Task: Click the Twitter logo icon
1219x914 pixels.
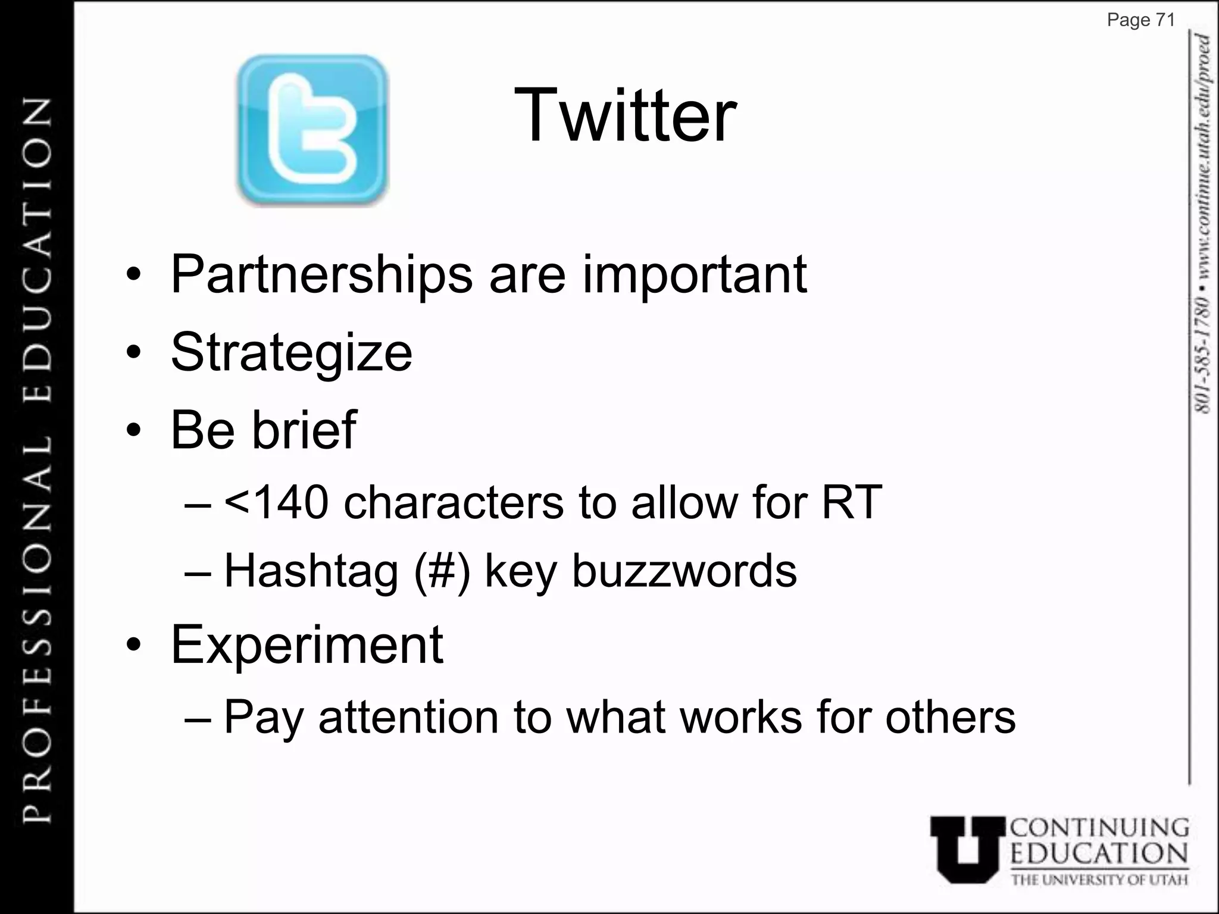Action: [312, 130]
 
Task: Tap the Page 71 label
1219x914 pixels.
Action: [1140, 20]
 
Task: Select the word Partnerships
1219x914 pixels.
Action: [321, 275]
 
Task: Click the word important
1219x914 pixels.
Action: [694, 275]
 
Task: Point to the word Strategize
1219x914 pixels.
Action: [291, 352]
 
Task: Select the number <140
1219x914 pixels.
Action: [276, 502]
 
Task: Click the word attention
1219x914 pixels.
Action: [408, 717]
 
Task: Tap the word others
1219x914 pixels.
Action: [950, 717]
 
